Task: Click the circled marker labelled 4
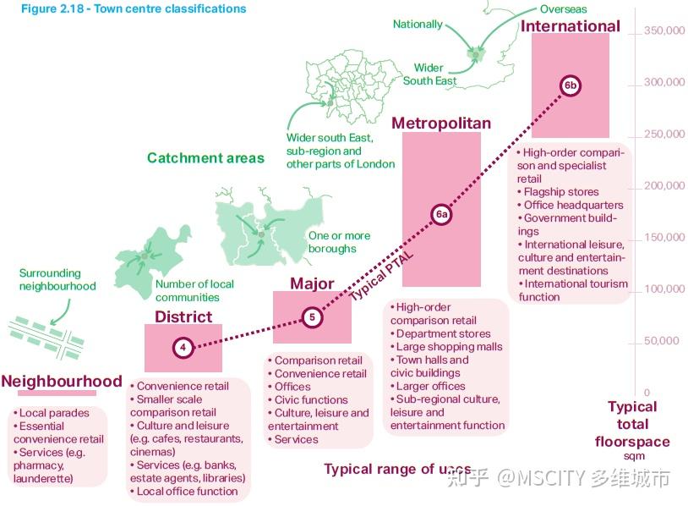coord(183,347)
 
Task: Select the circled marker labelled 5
coord(312,317)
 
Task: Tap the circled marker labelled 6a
coord(441,215)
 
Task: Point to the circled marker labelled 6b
coord(571,85)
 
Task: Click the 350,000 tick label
coord(664,31)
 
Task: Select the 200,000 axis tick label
coord(664,186)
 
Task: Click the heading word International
coord(571,26)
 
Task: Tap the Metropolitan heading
coord(441,124)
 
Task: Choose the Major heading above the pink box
coord(312,283)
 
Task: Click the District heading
coord(183,317)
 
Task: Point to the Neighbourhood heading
coord(62,382)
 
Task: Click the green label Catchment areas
coord(205,158)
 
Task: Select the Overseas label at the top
coord(564,10)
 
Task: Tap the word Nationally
coord(418,25)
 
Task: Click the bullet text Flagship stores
coord(561,192)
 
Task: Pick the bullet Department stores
coord(443,333)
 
